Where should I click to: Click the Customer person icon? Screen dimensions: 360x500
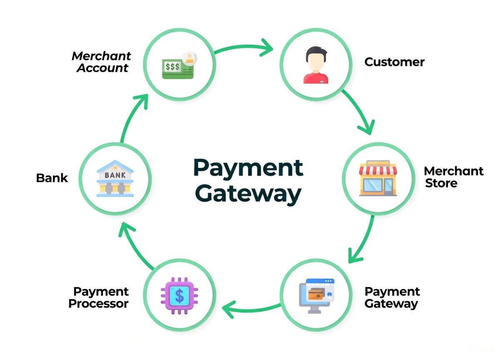coord(316,65)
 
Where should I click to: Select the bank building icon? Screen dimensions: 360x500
coord(115,179)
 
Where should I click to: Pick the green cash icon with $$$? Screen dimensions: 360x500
coord(178,67)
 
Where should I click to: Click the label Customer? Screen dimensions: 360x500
coord(394,62)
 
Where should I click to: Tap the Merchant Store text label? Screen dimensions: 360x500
coord(453,177)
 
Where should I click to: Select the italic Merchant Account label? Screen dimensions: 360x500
coord(102,62)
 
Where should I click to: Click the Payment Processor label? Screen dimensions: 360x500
coord(99,297)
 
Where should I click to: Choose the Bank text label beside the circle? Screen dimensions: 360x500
coord(52,178)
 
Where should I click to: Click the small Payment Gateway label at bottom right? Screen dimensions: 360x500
coord(392,297)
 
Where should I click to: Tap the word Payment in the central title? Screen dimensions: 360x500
coord(248,167)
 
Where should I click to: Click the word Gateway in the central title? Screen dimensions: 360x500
coord(248,194)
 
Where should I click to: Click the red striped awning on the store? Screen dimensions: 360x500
coord(378,169)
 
